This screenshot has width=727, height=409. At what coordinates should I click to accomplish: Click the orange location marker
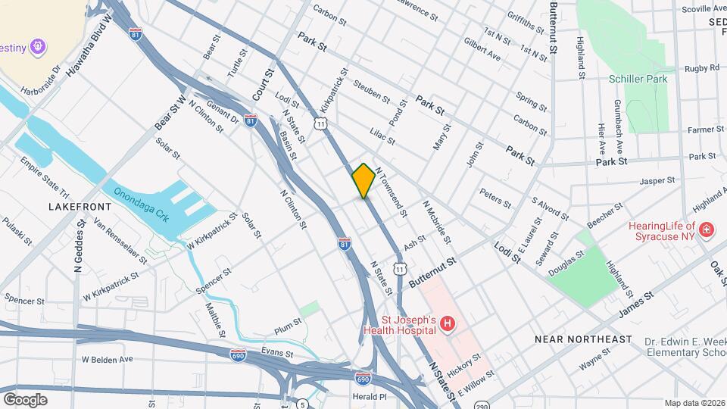(x=363, y=180)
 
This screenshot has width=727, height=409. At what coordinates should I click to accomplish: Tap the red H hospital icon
(x=448, y=324)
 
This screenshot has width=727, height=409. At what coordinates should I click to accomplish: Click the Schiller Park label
(x=638, y=78)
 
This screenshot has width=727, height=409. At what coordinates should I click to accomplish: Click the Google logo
(x=26, y=399)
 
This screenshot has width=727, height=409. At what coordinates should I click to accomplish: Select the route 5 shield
(x=302, y=403)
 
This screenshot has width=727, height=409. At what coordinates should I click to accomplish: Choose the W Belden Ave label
(x=107, y=359)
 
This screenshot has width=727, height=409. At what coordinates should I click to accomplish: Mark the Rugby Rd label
(x=702, y=68)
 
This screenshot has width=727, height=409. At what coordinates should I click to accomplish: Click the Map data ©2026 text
(x=694, y=403)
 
